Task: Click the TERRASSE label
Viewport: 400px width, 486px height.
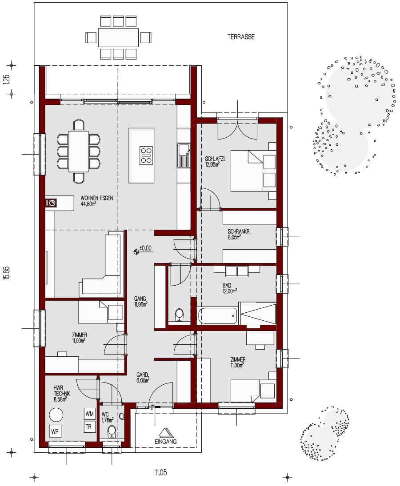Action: pyautogui.click(x=241, y=37)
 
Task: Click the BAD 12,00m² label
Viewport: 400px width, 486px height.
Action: pyautogui.click(x=229, y=288)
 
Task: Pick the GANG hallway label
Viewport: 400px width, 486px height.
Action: pyautogui.click(x=141, y=302)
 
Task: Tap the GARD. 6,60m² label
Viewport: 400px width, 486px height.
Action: pyautogui.click(x=142, y=377)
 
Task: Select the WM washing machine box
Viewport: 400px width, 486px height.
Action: pyautogui.click(x=90, y=414)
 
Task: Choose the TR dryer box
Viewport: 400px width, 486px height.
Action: pyautogui.click(x=90, y=427)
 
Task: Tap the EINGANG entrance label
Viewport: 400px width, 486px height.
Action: pyautogui.click(x=166, y=441)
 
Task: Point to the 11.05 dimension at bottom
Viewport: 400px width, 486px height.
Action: pyautogui.click(x=161, y=473)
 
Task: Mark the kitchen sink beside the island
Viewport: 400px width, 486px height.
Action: pyautogui.click(x=184, y=155)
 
